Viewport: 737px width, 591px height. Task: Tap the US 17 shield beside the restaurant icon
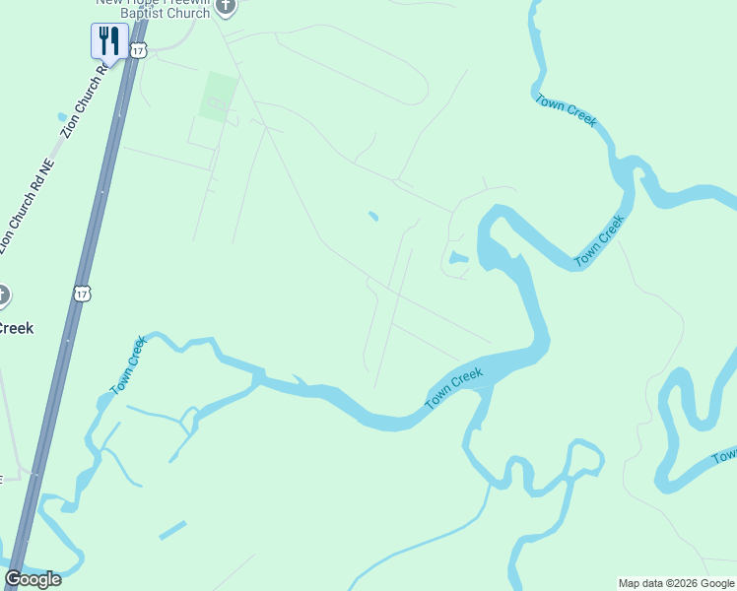tap(138, 48)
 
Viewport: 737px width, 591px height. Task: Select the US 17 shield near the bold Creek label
tap(81, 293)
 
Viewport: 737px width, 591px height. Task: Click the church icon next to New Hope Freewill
tap(226, 9)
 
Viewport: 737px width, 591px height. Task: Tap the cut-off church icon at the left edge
tap(3, 295)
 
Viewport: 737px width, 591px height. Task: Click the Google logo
tap(33, 579)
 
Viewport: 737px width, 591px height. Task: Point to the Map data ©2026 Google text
tap(676, 583)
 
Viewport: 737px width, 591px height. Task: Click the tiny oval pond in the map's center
tap(372, 216)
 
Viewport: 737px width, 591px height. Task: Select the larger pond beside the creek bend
tap(456, 258)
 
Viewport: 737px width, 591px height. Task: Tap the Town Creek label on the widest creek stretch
tap(453, 388)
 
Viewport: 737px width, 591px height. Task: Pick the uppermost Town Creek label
tap(566, 109)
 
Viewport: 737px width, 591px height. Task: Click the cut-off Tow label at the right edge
tap(725, 456)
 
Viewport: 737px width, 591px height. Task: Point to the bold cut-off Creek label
tap(16, 328)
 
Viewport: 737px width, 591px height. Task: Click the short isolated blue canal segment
tap(172, 530)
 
